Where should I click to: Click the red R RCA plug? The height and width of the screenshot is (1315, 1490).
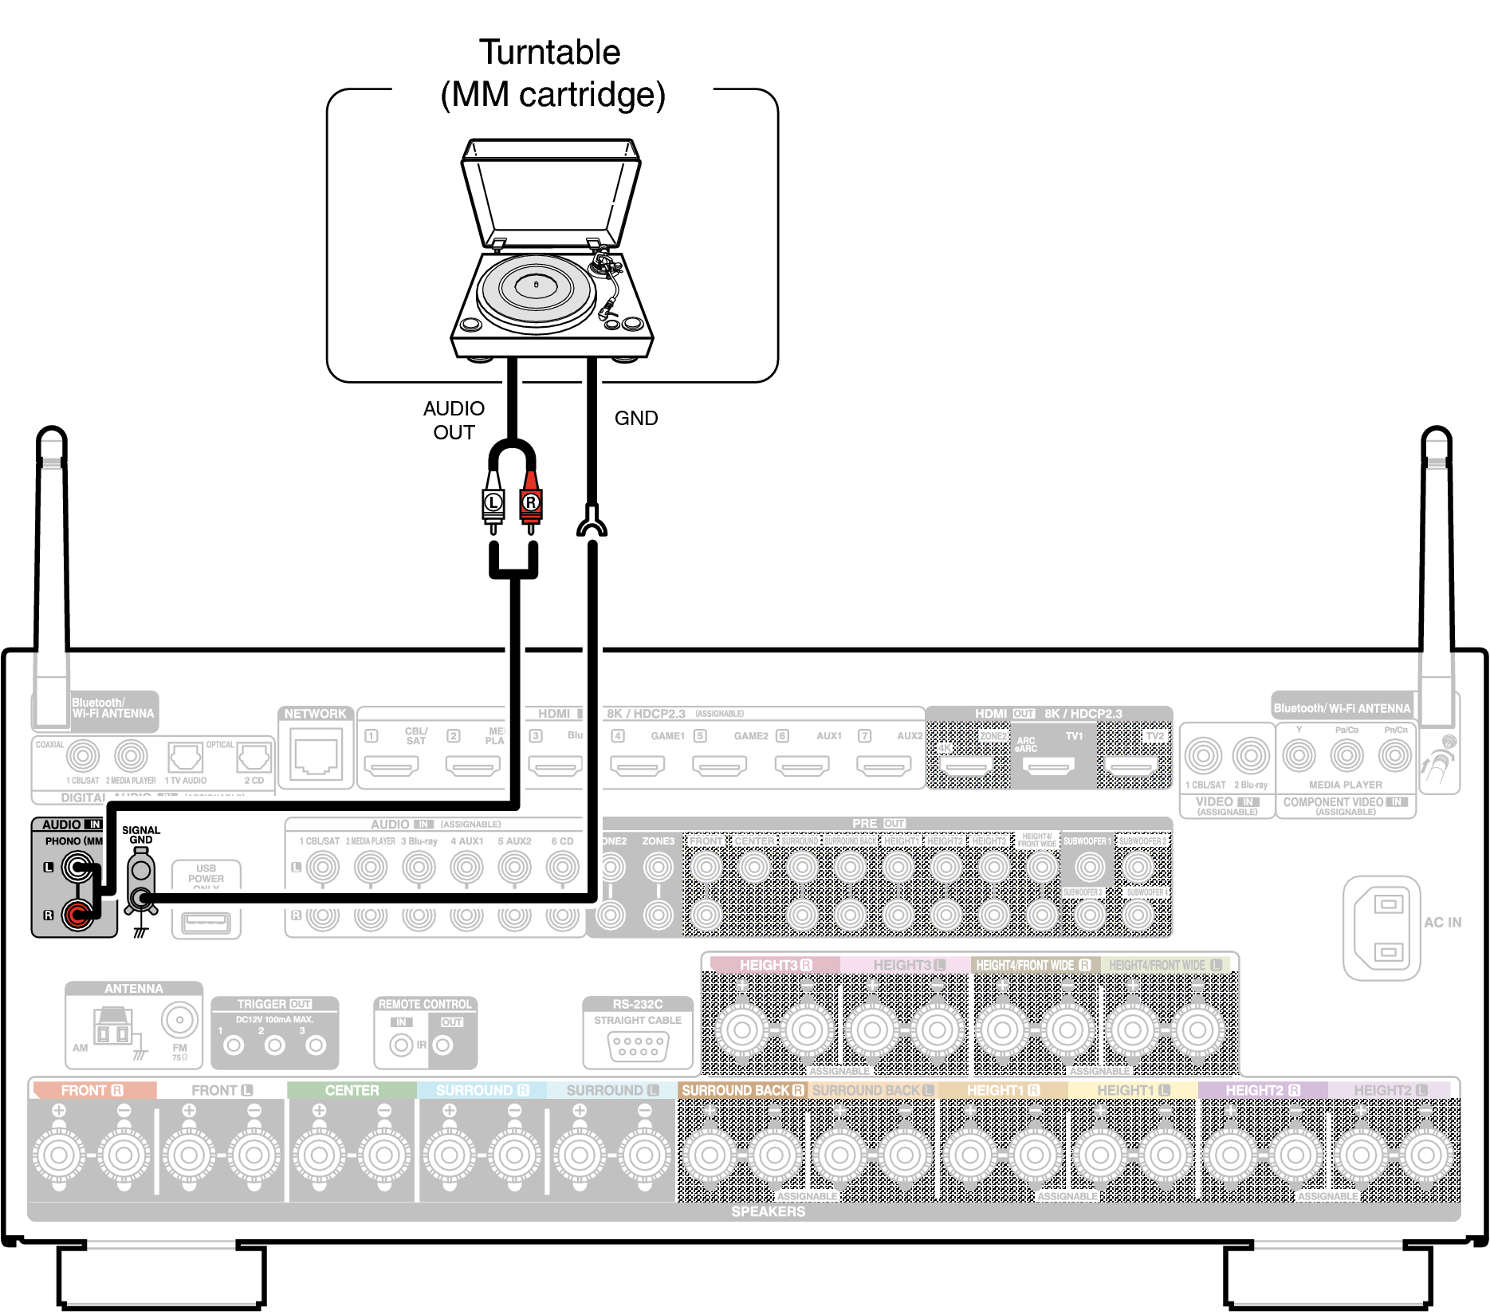tap(530, 502)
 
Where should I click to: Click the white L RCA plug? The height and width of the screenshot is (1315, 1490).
tap(493, 502)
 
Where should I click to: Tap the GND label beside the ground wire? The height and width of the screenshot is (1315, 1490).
tap(635, 419)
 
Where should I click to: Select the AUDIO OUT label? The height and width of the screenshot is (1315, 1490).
tap(454, 420)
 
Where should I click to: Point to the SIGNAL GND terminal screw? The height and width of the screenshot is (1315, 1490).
tap(142, 900)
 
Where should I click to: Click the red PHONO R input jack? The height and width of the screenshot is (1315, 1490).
tap(77, 914)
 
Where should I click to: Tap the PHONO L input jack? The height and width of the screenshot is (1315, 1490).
tap(77, 867)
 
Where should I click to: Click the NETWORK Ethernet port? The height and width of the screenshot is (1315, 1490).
tap(316, 757)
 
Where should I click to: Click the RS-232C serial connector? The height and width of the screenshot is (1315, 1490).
tap(638, 1045)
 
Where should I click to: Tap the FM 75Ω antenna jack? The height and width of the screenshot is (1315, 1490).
tap(179, 1019)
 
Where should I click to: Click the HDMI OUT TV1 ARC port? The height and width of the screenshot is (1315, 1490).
tap(1048, 766)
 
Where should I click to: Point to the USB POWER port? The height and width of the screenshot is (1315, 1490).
tap(206, 923)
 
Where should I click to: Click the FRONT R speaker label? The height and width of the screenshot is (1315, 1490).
tap(92, 1090)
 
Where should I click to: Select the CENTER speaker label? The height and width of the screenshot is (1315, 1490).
tap(352, 1090)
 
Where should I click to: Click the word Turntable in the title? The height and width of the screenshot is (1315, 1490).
tap(549, 53)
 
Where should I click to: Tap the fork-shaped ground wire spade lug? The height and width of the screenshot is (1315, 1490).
tap(591, 522)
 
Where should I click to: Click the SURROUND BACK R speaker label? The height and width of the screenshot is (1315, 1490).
tap(741, 1090)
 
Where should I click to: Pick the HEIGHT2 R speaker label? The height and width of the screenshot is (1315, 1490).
tap(1262, 1090)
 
